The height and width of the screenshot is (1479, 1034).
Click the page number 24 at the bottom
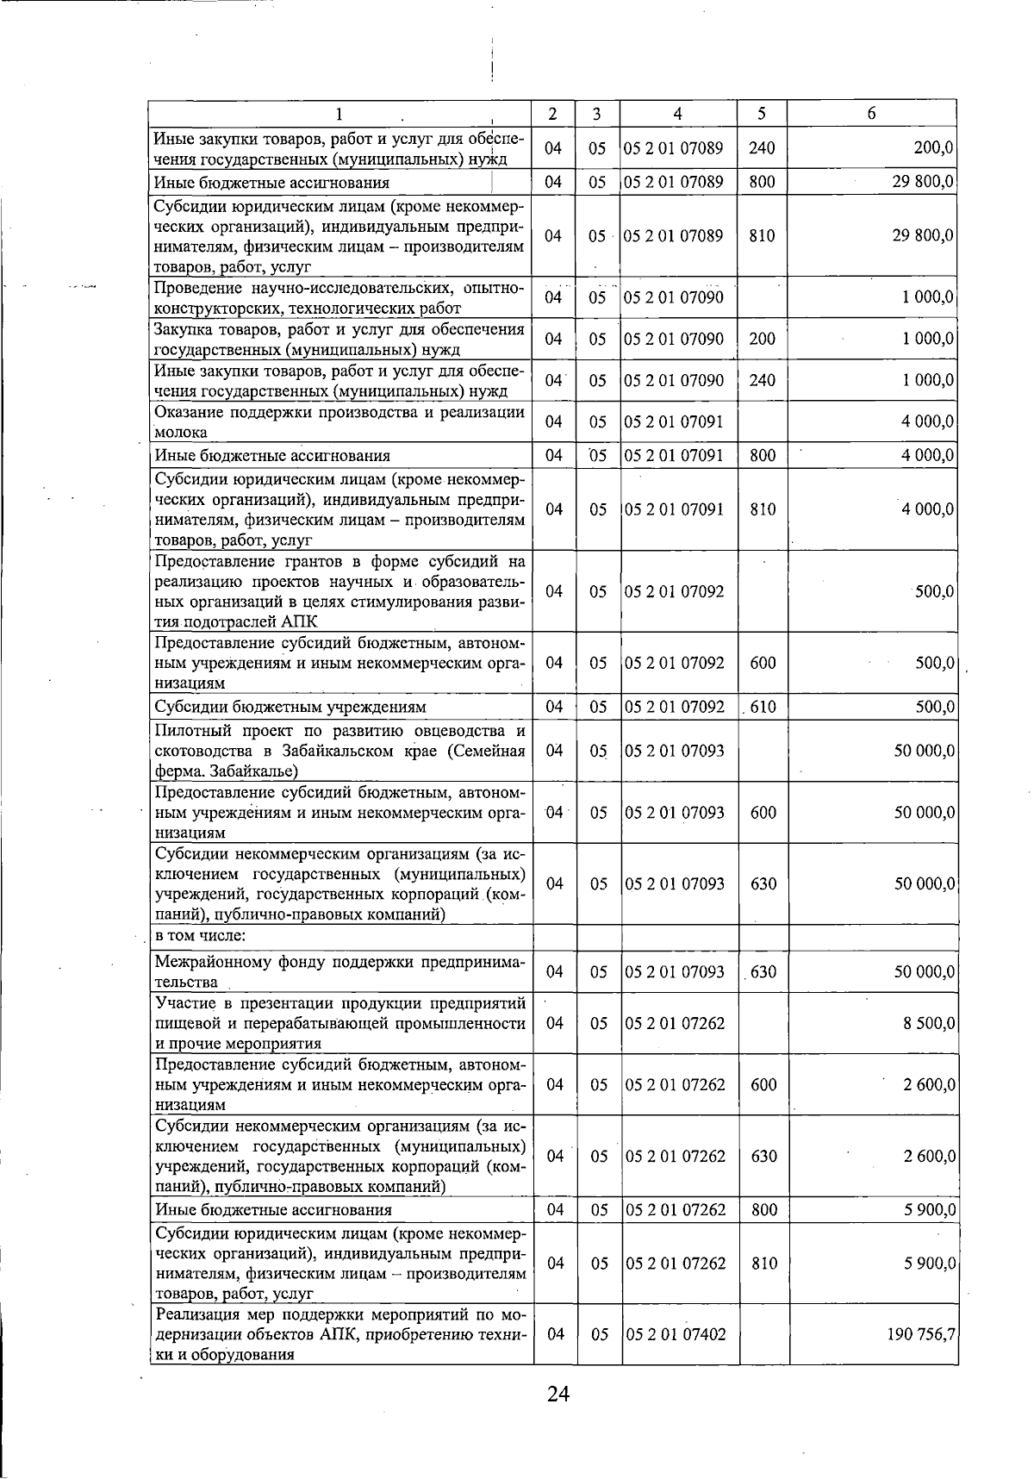[557, 1418]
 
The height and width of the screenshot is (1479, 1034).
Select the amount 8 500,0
[929, 1023]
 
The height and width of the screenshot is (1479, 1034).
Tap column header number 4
[678, 114]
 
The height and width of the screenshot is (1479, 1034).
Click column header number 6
[872, 114]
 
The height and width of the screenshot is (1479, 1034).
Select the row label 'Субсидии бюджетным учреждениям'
[290, 708]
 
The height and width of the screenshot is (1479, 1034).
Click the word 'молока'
[180, 433]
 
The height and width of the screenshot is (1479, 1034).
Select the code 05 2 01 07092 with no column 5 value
[676, 591]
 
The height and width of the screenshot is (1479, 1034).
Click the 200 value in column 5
[762, 339]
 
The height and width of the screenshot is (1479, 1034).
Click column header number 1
[339, 114]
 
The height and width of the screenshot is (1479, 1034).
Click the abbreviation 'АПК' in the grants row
[299, 621]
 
